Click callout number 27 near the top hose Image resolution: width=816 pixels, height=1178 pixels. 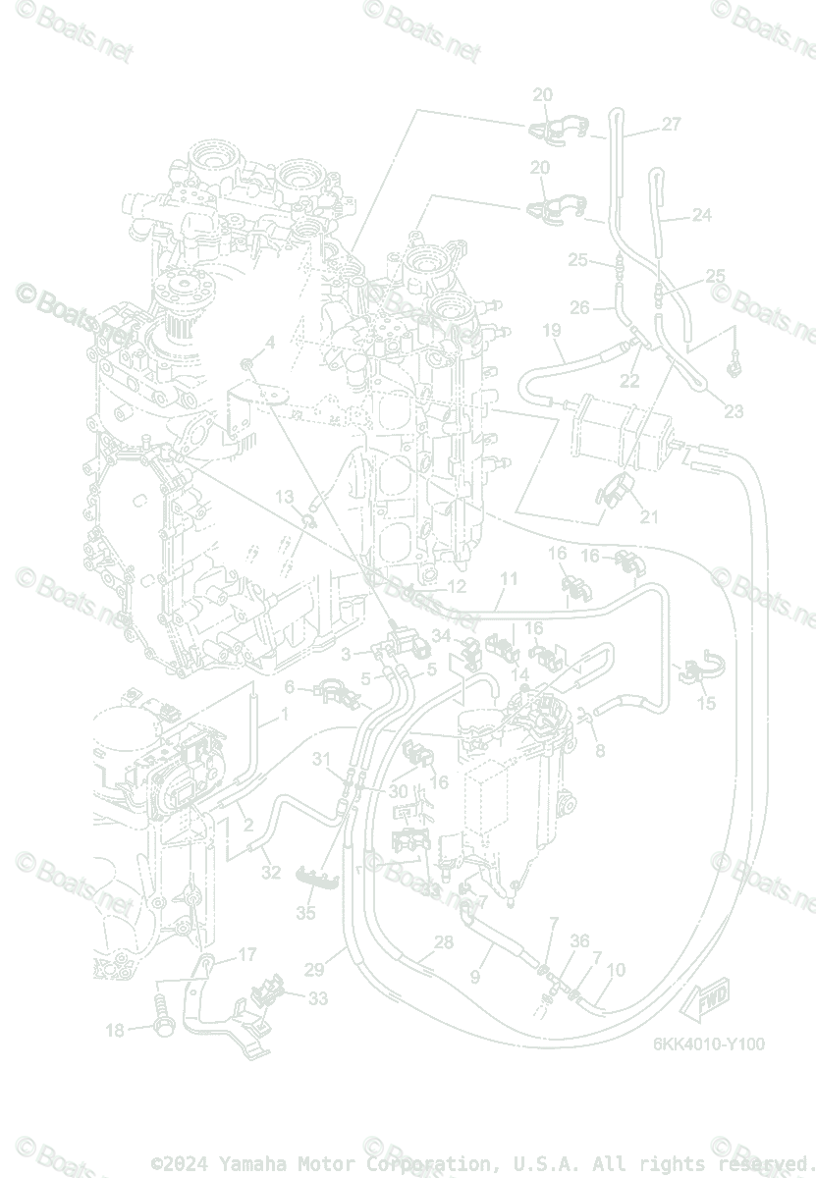tap(671, 125)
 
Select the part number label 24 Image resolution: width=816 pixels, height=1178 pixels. tap(701, 215)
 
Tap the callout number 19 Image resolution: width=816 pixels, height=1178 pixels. tap(551, 331)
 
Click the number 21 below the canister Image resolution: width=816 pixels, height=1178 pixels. tap(649, 517)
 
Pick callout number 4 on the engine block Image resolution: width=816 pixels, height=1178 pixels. tap(269, 342)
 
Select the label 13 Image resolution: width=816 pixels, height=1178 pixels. tap(284, 498)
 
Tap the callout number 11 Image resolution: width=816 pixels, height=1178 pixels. tap(508, 579)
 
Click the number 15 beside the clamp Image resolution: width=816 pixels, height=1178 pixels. tap(706, 703)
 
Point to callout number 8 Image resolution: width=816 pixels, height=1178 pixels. tap(600, 752)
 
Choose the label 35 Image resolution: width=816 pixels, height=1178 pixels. tap(306, 913)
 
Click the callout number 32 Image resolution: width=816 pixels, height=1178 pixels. tap(272, 873)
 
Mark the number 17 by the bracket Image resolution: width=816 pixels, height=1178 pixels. tap(246, 954)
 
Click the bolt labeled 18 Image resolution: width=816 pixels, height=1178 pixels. tap(162, 1028)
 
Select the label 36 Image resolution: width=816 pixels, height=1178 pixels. tap(579, 940)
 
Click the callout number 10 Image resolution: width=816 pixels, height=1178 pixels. tap(616, 971)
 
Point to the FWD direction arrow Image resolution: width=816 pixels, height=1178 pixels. tap(713, 1000)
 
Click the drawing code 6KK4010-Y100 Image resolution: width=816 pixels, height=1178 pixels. tap(709, 1044)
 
